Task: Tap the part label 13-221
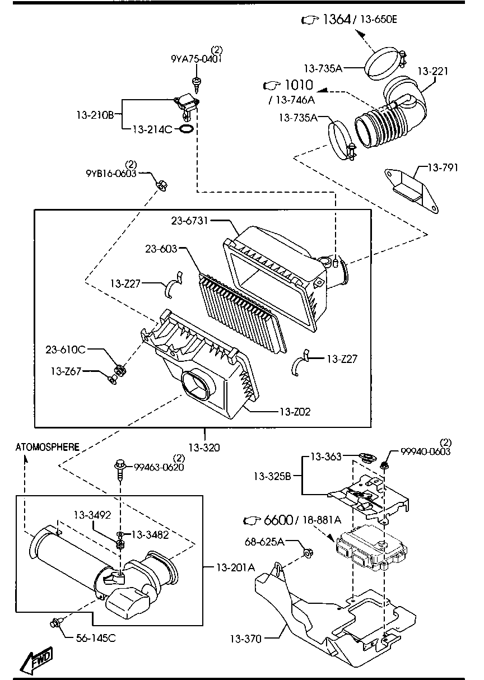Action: pos(432,72)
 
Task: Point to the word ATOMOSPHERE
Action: pos(47,446)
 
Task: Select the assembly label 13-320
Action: pos(204,447)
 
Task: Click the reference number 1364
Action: pos(336,20)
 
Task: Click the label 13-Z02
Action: pos(295,412)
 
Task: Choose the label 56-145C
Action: pos(96,638)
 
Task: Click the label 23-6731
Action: pos(190,221)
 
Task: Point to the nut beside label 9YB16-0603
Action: pos(160,183)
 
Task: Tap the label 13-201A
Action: pos(235,567)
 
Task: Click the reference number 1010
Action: pos(299,85)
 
